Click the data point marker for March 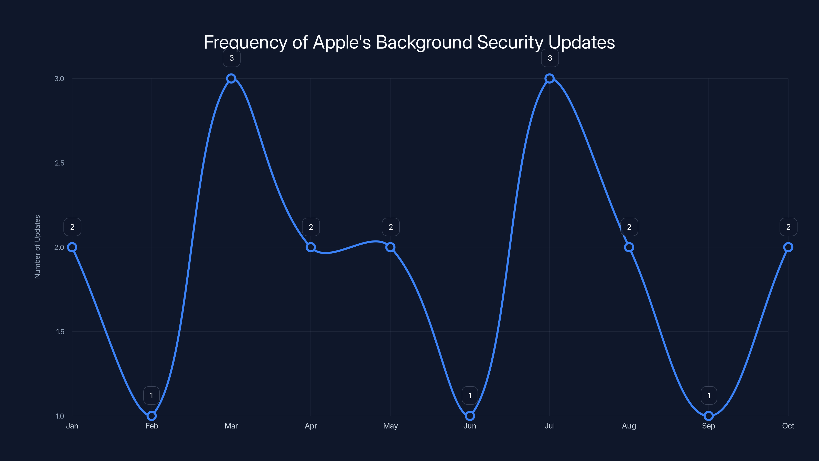pos(231,78)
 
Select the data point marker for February pos(152,416)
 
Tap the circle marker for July pos(549,78)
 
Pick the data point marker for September pos(708,416)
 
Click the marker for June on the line pos(470,416)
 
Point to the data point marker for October pos(788,247)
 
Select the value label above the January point pos(72,227)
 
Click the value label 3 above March pos(231,58)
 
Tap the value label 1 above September pos(709,395)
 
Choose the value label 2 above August pos(629,227)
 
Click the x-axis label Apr pos(311,426)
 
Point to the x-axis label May pos(390,426)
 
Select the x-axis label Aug pos(629,426)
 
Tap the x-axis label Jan pos(72,426)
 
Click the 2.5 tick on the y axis pos(59,163)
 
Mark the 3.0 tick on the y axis pos(59,79)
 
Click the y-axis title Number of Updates pos(38,247)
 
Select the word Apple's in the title pos(342,42)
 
